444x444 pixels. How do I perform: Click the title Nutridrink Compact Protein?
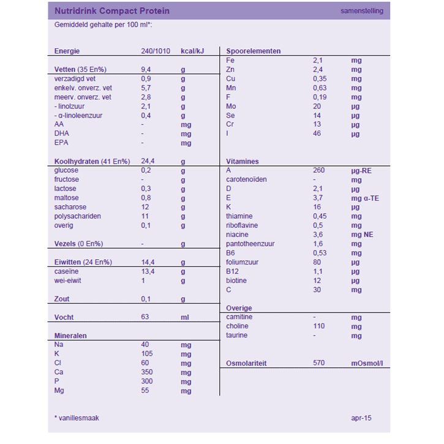(112, 11)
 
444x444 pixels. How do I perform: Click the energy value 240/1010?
(156, 51)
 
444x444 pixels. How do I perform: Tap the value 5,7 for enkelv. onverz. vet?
(146, 88)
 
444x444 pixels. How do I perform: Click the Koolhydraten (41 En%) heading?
(92, 161)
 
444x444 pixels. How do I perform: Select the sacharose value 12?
(145, 207)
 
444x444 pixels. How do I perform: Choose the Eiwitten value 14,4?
(148, 262)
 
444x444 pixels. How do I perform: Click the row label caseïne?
(67, 271)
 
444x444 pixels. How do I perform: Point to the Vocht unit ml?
(185, 317)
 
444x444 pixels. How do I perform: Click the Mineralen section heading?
(70, 336)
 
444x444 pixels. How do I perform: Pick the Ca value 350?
(147, 372)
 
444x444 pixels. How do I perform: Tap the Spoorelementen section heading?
(254, 51)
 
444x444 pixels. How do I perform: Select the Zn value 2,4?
(317, 70)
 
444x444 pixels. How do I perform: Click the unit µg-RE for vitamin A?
(361, 171)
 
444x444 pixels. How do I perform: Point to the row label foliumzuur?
(243, 262)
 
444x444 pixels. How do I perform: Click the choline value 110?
(318, 326)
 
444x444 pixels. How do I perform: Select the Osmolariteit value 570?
(318, 363)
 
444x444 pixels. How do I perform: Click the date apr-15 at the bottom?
(361, 418)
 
